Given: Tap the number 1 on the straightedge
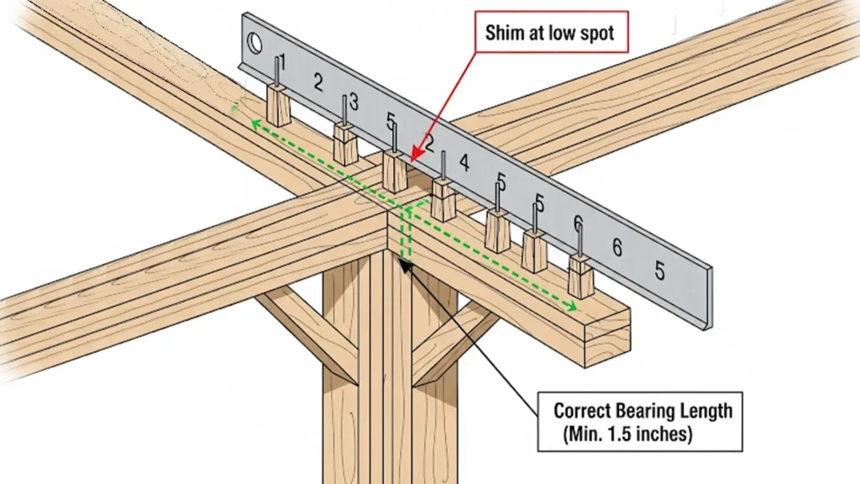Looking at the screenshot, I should click(x=282, y=61).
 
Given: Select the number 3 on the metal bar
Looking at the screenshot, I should click(x=353, y=103).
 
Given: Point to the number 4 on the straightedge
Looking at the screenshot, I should click(x=464, y=162).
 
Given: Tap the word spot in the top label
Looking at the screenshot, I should click(x=593, y=34).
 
